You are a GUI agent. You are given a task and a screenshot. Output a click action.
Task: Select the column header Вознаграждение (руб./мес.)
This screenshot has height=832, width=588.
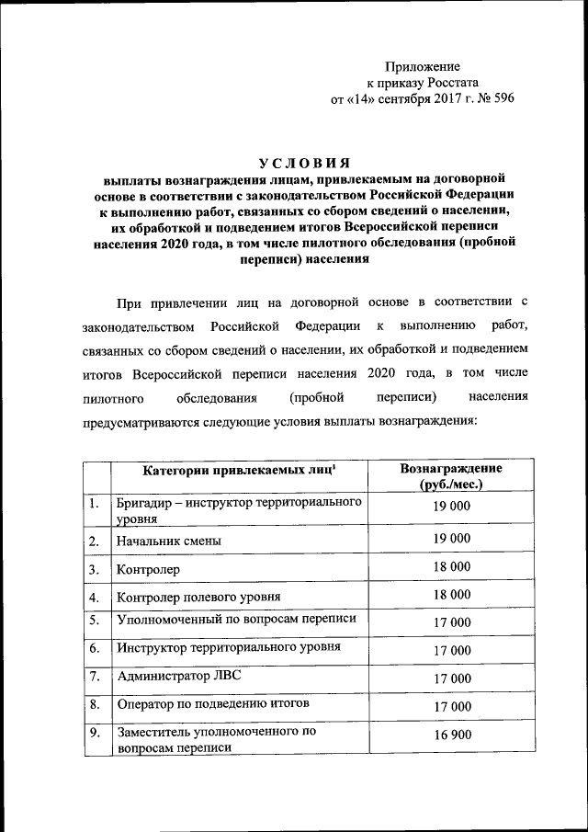[451, 476]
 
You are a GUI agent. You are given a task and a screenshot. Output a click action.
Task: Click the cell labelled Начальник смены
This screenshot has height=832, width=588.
[169, 541]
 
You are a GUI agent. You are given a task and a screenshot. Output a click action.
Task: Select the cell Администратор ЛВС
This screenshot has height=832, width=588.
[178, 677]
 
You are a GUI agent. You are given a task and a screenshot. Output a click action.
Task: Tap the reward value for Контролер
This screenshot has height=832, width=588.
[451, 567]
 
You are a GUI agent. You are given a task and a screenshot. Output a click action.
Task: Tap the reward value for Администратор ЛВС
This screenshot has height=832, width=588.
[451, 678]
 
